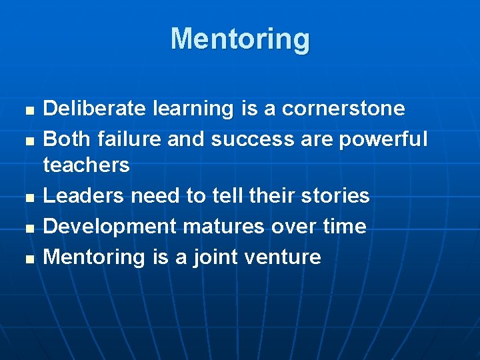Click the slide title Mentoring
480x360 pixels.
point(240,39)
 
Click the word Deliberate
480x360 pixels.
point(95,108)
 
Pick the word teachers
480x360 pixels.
point(86,165)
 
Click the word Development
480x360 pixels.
point(110,227)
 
